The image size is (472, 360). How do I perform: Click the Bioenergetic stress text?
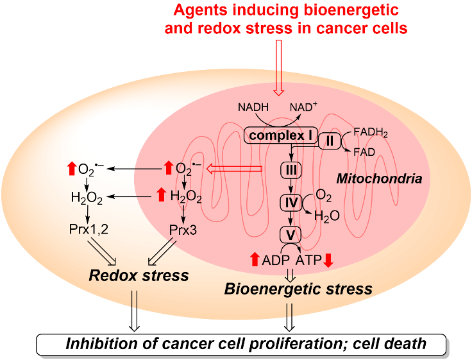[x=298, y=289]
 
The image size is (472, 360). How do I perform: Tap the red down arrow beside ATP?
[x=328, y=260]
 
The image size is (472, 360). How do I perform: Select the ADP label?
[x=276, y=260]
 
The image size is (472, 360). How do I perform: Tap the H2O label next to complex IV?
[x=326, y=216]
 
